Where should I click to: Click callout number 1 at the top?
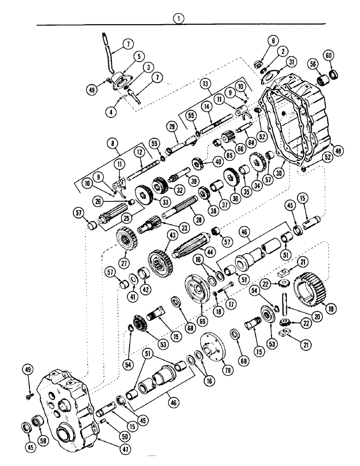tap(178, 18)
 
